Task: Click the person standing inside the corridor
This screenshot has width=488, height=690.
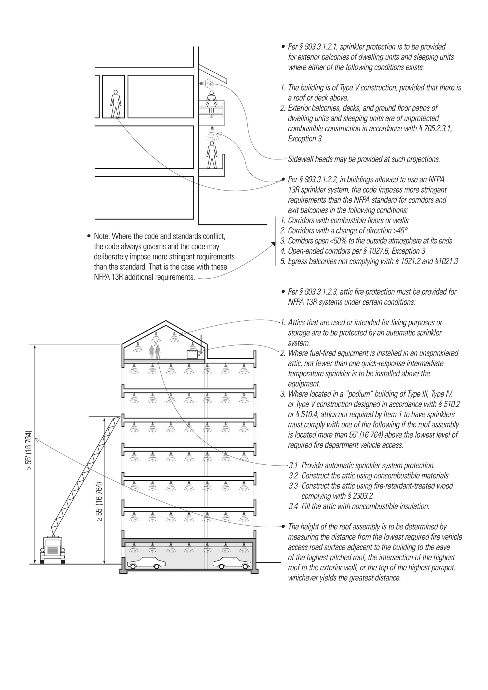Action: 116,104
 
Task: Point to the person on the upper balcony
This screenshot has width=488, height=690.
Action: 212,104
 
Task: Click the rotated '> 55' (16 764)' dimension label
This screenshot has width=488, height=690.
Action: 29,451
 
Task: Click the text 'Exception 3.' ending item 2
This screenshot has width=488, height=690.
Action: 305,139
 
